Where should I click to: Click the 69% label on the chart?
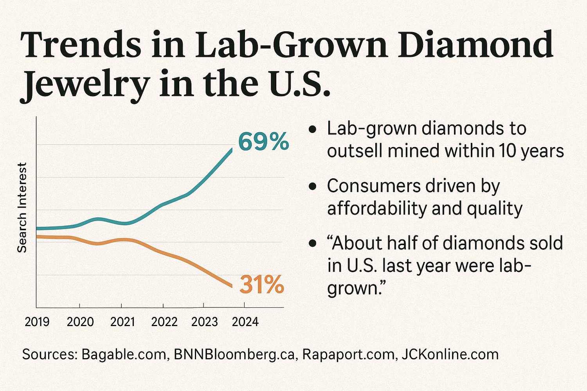coord(263,142)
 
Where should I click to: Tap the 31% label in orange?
coord(261,285)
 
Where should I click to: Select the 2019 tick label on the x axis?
coord(37,322)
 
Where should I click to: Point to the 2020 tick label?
coord(80,322)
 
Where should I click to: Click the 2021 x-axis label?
coord(122,322)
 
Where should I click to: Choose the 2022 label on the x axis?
coord(164,322)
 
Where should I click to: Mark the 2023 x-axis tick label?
coord(204,322)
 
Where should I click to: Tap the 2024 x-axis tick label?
coord(245,322)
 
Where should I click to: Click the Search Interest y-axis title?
coord(22,207)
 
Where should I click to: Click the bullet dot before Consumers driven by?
coord(312,187)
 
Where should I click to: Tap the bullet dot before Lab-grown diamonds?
coord(312,129)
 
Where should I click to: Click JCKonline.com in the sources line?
coord(450,354)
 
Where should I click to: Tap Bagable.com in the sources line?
coord(124,354)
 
